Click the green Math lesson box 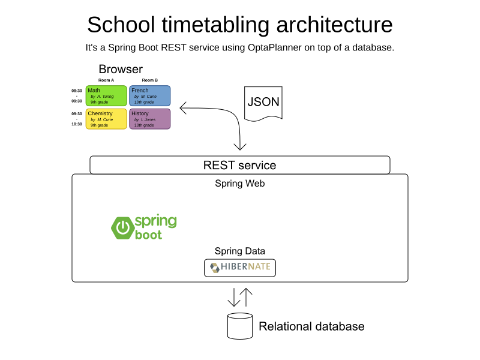(106, 95)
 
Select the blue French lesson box (149, 95)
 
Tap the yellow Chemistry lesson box (106, 119)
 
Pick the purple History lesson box (149, 119)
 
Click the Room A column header (106, 80)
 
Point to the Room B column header (149, 80)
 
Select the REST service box (240, 165)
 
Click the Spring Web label (240, 184)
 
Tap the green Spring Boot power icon (122, 227)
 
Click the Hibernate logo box (240, 268)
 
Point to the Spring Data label (240, 251)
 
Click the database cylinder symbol (240, 326)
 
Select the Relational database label (311, 326)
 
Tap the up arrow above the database (247, 296)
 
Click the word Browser (121, 69)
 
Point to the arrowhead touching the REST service (240, 148)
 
